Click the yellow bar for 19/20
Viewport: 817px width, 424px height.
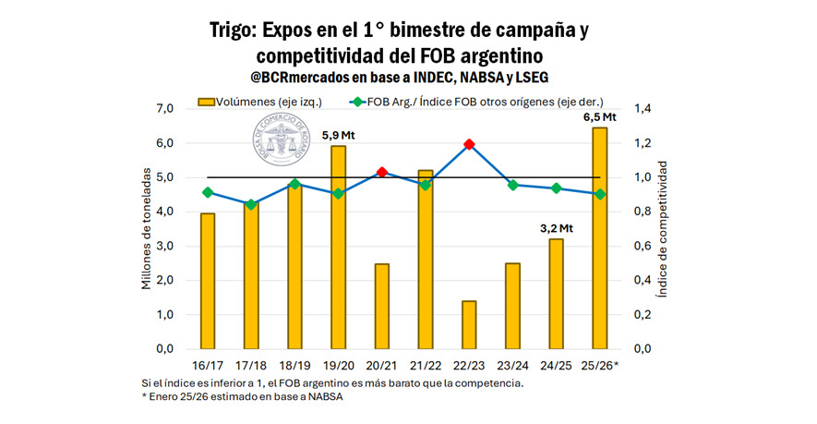[339, 247]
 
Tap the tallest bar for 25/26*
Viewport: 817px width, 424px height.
[599, 237]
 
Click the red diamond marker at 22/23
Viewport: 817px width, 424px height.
[469, 144]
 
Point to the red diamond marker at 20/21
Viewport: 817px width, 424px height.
[382, 173]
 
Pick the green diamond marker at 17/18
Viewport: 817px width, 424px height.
[251, 204]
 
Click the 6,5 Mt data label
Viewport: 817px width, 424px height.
[598, 116]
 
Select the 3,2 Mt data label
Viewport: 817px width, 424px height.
[556, 227]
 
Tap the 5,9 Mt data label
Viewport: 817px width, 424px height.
[338, 135]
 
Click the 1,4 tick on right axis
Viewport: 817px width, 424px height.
[643, 109]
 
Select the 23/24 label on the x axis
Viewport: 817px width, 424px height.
[512, 367]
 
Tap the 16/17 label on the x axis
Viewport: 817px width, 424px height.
[208, 367]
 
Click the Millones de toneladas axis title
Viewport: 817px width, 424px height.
[147, 228]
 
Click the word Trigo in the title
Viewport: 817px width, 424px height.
[237, 29]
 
